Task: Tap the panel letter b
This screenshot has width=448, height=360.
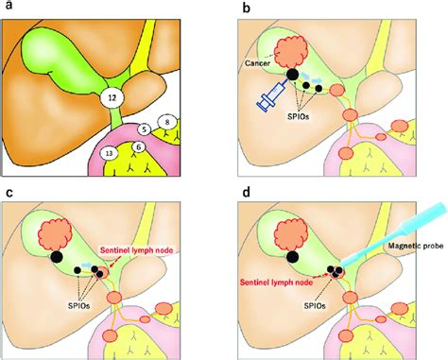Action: coord(246,8)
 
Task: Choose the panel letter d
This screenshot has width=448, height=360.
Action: coord(246,194)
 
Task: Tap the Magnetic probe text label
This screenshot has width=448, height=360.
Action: coord(413,249)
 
